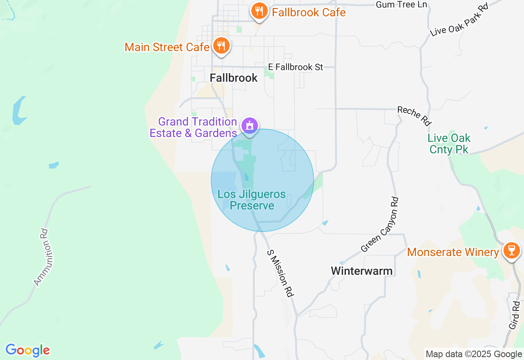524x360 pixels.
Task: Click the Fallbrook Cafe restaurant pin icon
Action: coord(259,11)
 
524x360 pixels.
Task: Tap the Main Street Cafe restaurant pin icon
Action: coord(221,46)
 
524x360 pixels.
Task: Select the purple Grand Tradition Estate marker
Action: coord(249,125)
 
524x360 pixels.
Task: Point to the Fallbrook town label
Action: coord(234,78)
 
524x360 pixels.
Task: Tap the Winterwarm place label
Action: coord(361,271)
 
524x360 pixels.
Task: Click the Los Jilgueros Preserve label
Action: coord(252,200)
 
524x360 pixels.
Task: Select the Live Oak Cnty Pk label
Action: coord(449,144)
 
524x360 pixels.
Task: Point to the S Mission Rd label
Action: coord(281,273)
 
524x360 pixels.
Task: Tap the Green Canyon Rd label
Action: coord(379,225)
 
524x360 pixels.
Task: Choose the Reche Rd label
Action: coord(414,116)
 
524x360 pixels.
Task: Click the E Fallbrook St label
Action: coord(296,67)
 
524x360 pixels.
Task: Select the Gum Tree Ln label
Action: coord(401,4)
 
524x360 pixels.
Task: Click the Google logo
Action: coord(27,350)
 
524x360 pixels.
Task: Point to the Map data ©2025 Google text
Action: coord(474,354)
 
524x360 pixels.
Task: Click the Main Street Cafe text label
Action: coord(167,47)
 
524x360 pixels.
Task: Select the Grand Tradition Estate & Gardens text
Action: coord(194,127)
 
